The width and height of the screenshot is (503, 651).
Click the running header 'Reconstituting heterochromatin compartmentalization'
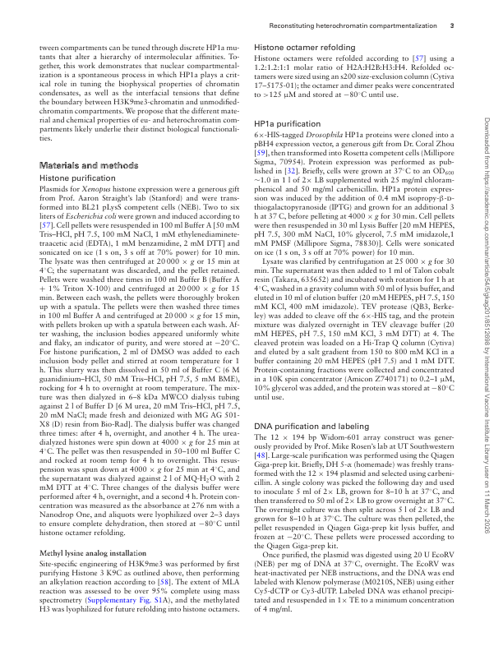(x=362, y=25)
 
